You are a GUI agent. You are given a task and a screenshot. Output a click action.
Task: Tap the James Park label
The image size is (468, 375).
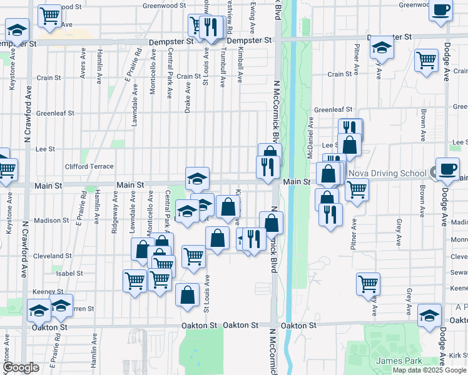coord(399,361)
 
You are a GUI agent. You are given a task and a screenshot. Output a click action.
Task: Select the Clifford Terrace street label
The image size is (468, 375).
coord(89,166)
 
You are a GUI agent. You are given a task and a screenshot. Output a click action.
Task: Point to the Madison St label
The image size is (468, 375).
coord(51,220)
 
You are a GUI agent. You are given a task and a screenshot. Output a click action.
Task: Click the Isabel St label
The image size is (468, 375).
coord(69,273)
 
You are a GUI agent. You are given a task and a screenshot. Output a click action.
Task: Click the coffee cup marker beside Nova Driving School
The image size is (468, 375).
coord(447,169)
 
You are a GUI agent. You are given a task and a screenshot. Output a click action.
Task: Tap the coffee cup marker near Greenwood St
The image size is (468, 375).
coord(440,11)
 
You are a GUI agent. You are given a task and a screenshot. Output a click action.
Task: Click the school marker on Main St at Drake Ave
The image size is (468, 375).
coord(197,179)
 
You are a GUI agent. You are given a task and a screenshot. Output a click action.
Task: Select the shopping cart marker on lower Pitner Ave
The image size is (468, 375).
coord(368,283)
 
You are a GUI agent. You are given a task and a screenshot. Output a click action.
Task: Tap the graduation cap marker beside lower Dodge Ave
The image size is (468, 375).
coord(429,315)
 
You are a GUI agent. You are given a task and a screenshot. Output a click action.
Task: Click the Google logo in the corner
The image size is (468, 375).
coord(20,368)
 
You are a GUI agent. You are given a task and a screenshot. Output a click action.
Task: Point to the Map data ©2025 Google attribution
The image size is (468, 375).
coord(430,370)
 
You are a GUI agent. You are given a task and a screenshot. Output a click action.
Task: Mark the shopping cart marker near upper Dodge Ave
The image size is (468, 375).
coord(426,61)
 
